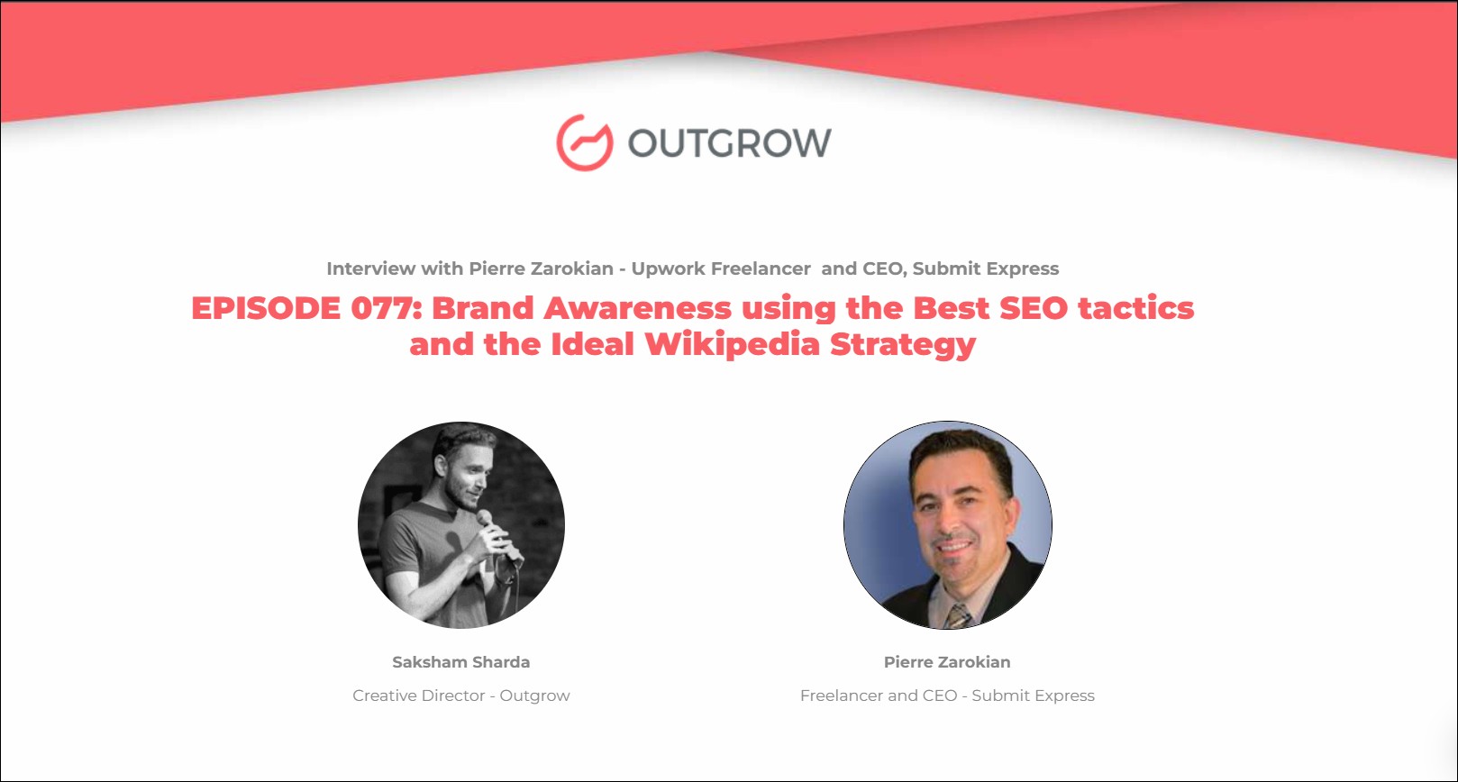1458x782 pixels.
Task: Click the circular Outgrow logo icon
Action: tap(584, 142)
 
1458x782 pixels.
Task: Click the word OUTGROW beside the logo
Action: tap(730, 142)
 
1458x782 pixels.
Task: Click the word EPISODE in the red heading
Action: tap(266, 308)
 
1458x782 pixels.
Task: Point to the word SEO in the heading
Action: tap(1034, 308)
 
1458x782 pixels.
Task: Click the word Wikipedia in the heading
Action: tap(733, 345)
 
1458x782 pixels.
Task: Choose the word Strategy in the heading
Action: tap(904, 345)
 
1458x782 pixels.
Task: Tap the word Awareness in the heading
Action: tap(638, 308)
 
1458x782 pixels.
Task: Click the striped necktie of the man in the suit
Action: tap(958, 615)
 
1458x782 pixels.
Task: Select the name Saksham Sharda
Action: tap(460, 662)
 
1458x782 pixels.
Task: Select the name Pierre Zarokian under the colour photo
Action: tap(947, 662)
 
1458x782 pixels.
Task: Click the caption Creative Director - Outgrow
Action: tap(460, 696)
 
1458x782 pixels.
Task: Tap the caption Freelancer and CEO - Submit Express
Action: tap(947, 696)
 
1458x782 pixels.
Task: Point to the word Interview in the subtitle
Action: tap(371, 268)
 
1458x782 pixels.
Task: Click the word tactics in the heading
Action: tap(1136, 308)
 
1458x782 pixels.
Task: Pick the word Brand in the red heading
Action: tap(483, 308)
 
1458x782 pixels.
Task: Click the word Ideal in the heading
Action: tap(592, 345)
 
